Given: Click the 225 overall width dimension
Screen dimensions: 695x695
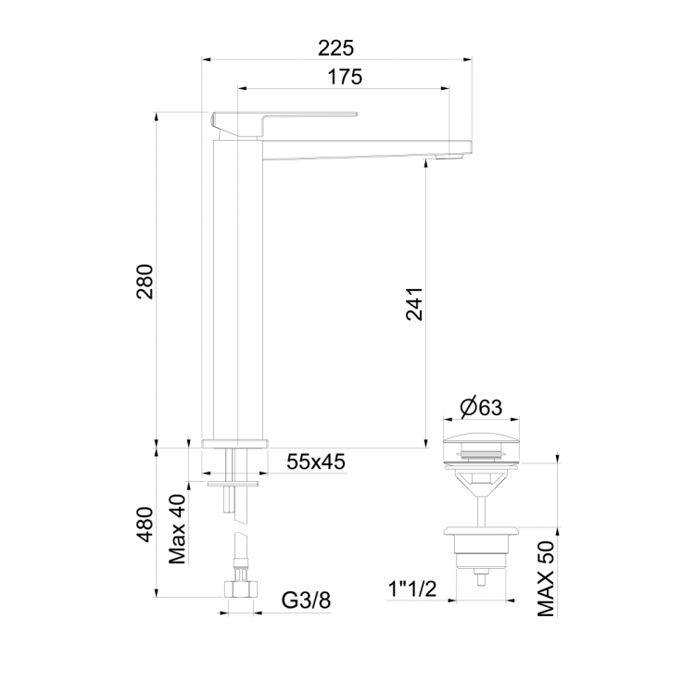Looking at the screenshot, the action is (x=336, y=48).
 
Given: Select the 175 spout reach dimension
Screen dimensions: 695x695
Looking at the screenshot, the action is (x=345, y=77).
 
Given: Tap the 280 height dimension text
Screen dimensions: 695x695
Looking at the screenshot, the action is (x=145, y=282).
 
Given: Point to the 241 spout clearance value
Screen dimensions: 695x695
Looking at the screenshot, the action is (x=414, y=304).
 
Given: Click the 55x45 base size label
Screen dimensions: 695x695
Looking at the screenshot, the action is (x=316, y=461).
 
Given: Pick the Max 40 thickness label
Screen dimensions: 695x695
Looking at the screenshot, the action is (x=178, y=529).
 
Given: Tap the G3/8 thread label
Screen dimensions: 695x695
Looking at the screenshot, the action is (x=306, y=600).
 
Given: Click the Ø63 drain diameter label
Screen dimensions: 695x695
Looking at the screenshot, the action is (x=481, y=408).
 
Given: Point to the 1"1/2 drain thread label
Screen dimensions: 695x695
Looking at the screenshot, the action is (x=412, y=589).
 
